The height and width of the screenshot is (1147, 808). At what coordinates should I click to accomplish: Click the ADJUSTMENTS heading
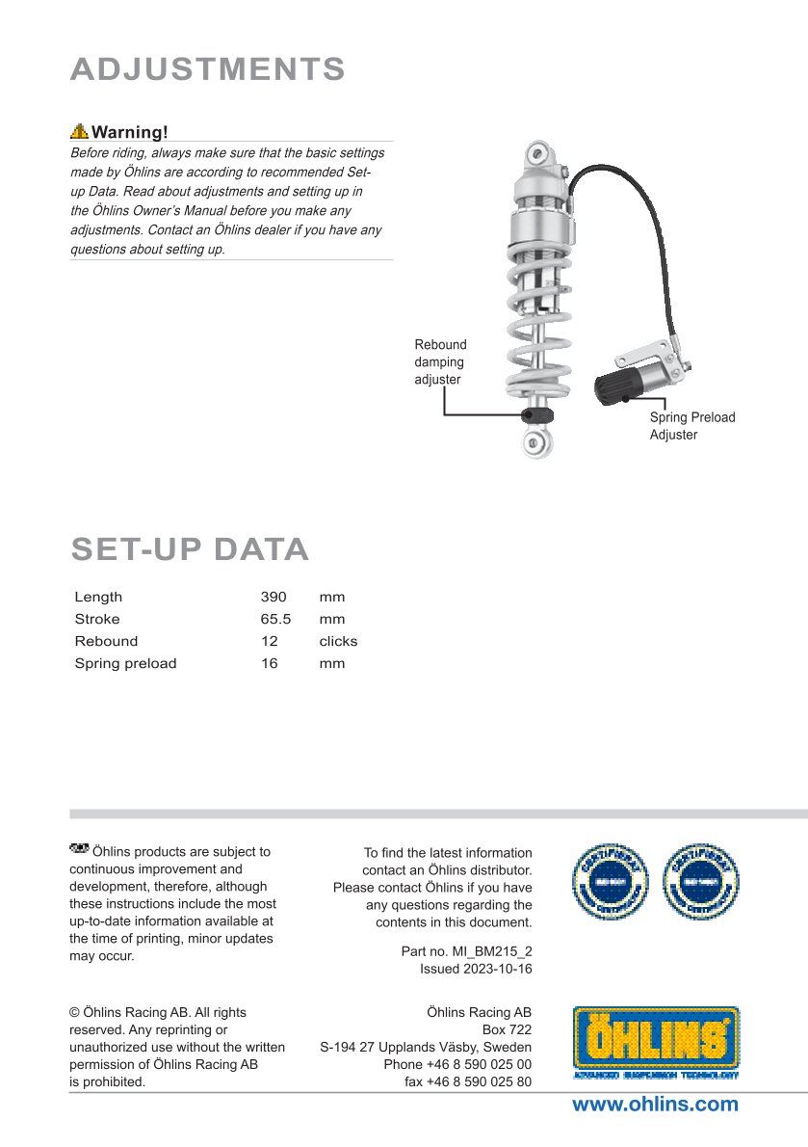[208, 69]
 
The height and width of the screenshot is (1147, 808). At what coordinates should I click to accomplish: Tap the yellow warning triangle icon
[79, 132]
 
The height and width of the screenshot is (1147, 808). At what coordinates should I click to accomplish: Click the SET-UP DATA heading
[190, 549]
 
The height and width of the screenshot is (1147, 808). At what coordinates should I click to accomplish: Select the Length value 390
[274, 597]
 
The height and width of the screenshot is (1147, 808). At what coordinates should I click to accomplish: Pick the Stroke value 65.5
[275, 619]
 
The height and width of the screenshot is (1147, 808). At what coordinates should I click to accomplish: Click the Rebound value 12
[269, 641]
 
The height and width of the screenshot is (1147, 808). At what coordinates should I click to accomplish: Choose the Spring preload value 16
[269, 663]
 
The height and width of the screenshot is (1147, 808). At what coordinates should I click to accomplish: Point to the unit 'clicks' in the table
[338, 641]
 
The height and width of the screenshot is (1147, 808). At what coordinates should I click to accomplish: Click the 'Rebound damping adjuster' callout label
[440, 361]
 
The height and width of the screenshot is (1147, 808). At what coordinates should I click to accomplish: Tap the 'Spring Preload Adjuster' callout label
[691, 426]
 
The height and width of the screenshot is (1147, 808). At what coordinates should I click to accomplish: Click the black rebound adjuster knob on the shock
[537, 414]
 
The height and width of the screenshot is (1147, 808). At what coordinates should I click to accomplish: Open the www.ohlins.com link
[655, 1105]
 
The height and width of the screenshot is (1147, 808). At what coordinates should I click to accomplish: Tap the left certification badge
[610, 881]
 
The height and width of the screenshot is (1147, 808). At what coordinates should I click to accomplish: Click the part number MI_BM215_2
[489, 951]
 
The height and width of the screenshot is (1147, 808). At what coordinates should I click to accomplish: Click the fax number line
[467, 1081]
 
